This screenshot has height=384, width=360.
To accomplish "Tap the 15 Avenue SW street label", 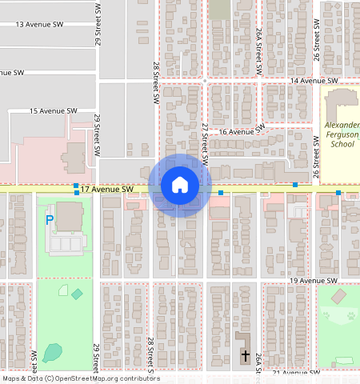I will click(53, 110).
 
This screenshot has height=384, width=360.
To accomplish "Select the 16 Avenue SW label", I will click(242, 131).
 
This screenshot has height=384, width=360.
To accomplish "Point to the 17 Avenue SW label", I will click(106, 190).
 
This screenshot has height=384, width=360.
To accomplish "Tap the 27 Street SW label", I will click(205, 144).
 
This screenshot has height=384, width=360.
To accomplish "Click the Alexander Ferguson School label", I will click(343, 135).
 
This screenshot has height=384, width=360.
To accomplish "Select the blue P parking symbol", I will click(49, 219).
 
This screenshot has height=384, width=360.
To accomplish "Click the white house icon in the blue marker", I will click(180, 186).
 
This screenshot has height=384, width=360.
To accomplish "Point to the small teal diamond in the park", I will click(77, 294).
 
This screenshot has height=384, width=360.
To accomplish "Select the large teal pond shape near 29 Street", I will click(52, 351).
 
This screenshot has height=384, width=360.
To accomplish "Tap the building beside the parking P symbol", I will click(69, 218).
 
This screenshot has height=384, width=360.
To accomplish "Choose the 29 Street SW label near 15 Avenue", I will click(97, 129).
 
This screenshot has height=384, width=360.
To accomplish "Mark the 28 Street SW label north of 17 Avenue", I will click(154, 82).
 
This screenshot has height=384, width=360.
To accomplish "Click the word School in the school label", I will click(342, 145).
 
